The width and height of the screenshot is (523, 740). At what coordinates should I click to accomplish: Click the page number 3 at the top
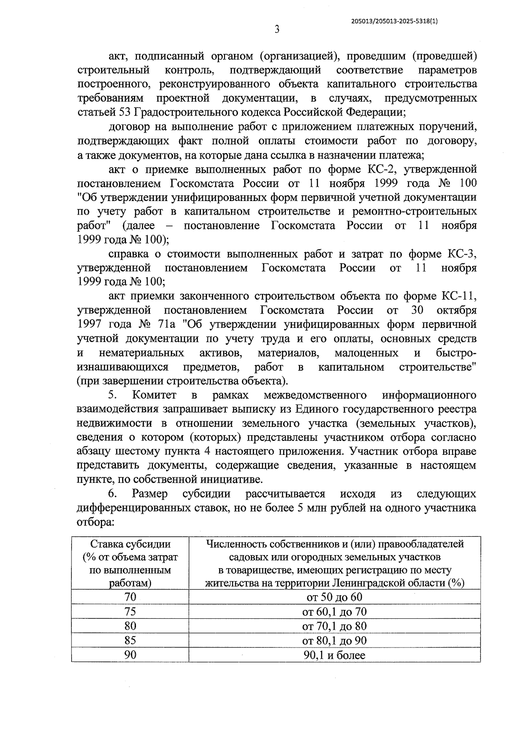tap(277, 30)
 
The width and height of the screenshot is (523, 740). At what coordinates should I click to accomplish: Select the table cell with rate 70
tap(130, 597)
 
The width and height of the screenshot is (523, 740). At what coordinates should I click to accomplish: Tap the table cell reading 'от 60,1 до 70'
tap(334, 612)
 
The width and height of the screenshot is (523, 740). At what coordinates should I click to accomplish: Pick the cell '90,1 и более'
tap(334, 655)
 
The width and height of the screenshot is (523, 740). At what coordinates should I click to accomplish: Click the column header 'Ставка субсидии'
tap(130, 544)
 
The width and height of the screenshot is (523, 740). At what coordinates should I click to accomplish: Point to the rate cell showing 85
tap(130, 641)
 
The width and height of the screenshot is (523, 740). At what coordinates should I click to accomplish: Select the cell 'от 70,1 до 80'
tap(334, 626)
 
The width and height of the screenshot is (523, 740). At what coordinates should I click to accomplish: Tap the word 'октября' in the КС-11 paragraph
tap(456, 310)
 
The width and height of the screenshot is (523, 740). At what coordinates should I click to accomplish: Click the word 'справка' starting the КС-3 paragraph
tap(126, 254)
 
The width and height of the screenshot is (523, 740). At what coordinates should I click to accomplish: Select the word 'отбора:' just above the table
tap(95, 522)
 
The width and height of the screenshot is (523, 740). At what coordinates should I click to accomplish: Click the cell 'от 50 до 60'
tap(334, 597)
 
